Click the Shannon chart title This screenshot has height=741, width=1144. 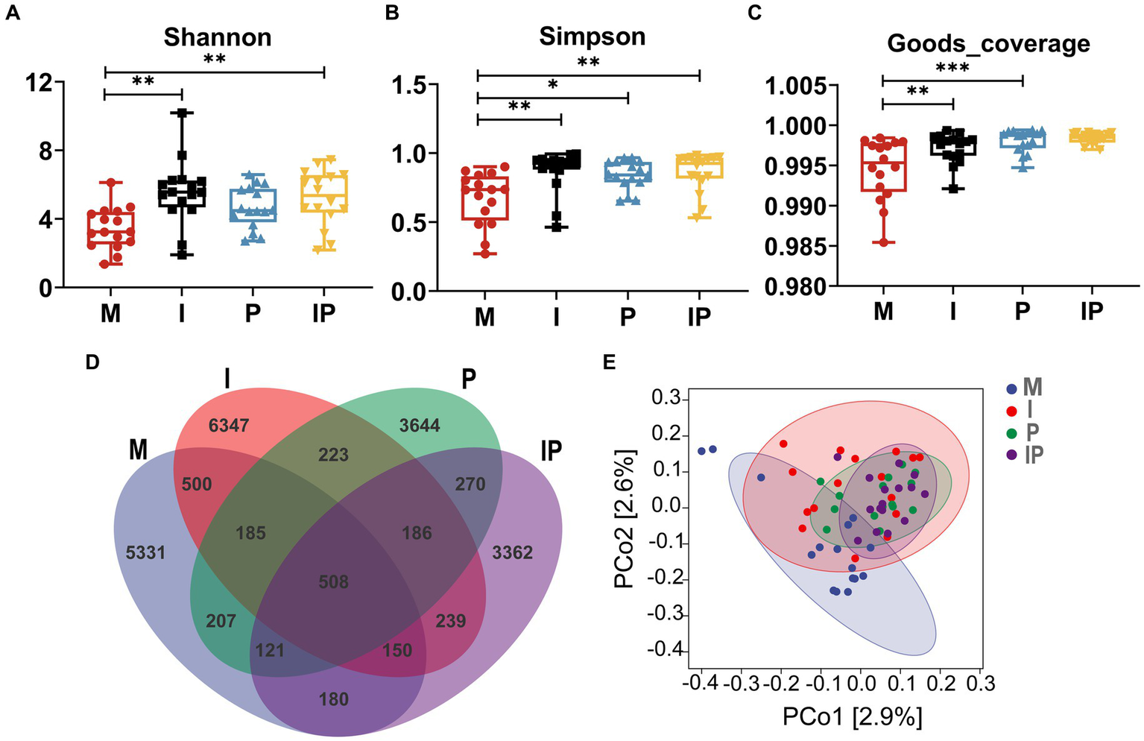[x=218, y=37]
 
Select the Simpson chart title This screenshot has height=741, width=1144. [x=592, y=37]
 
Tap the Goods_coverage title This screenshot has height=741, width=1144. [x=988, y=43]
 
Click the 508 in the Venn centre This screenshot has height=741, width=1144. [x=333, y=581]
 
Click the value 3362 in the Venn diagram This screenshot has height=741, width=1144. [x=513, y=552]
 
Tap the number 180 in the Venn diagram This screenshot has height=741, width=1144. [x=333, y=699]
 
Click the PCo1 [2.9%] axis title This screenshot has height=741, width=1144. [x=852, y=717]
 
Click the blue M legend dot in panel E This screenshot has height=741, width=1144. [x=1011, y=388]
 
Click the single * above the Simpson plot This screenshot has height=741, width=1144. [x=552, y=85]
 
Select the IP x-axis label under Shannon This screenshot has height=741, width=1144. [x=323, y=313]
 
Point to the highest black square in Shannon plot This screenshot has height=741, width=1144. [x=183, y=113]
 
